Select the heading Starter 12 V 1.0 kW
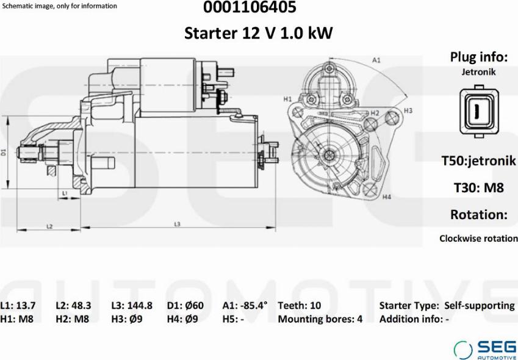[x=259, y=33]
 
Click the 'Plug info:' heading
[x=479, y=57]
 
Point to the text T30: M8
[x=478, y=188]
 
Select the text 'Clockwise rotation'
[x=478, y=239]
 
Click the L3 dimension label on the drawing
[x=177, y=225]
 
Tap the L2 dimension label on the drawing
[x=50, y=226]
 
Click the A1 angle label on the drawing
[x=376, y=60]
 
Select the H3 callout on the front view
[x=408, y=110]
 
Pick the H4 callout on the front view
[x=386, y=197]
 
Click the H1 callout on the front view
[x=287, y=98]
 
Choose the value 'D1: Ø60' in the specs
[x=185, y=305]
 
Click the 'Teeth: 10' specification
[x=299, y=305]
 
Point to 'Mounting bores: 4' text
[x=320, y=319]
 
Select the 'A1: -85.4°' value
[x=245, y=305]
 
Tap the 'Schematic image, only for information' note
[x=60, y=6]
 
